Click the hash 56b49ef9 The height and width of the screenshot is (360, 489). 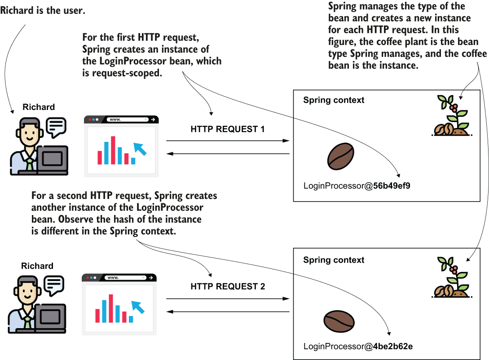389,185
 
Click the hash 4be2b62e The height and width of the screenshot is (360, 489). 390,346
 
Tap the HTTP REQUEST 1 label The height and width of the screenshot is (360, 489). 228,129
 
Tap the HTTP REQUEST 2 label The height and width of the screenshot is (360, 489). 228,286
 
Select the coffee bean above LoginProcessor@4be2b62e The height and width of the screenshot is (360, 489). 339,320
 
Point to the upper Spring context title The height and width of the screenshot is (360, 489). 334,100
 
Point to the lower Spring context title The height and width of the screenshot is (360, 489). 334,260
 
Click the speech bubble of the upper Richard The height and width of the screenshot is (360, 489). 56,127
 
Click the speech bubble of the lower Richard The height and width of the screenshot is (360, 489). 54,285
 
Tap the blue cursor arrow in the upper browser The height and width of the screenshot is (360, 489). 141,148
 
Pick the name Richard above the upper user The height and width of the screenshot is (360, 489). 39,107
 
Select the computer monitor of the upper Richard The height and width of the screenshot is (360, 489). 53,159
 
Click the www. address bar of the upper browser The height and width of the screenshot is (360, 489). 127,120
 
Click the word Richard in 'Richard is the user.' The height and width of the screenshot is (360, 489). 16,10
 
